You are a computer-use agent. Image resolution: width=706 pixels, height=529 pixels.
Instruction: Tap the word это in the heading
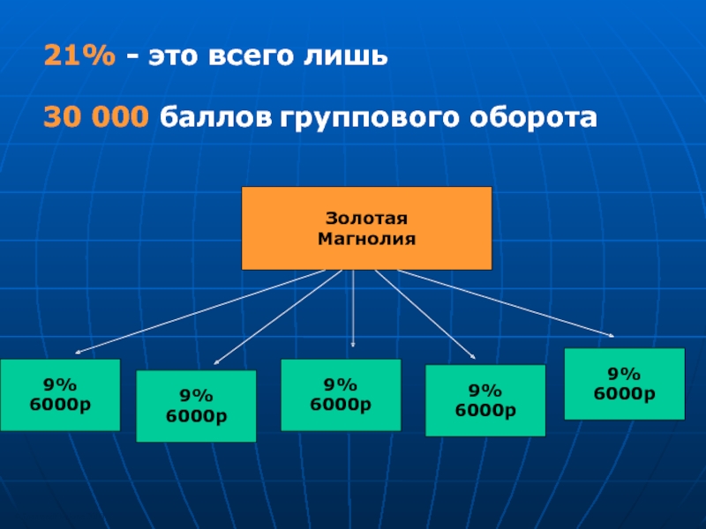tap(171, 58)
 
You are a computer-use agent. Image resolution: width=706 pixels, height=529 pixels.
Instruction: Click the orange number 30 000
tap(97, 117)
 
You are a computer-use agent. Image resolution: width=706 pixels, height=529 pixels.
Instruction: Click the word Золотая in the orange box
tap(366, 219)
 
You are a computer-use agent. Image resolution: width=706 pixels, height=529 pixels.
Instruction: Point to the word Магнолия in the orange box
tap(366, 238)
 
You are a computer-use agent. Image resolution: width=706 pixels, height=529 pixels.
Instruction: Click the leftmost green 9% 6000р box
tap(60, 394)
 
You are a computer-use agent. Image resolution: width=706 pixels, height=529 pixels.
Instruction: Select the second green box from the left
tap(196, 406)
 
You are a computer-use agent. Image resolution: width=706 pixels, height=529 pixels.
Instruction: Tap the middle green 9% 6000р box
tap(341, 394)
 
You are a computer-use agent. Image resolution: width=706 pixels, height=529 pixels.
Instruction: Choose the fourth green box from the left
tap(485, 400)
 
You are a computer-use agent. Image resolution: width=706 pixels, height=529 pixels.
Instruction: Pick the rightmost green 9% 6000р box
tap(624, 384)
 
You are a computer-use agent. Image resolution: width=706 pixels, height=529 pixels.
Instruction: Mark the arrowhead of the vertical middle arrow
tap(353, 344)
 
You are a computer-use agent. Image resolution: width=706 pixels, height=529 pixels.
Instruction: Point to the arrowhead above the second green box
tap(217, 361)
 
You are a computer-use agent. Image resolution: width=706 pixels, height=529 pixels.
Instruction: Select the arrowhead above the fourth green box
tap(473, 356)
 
